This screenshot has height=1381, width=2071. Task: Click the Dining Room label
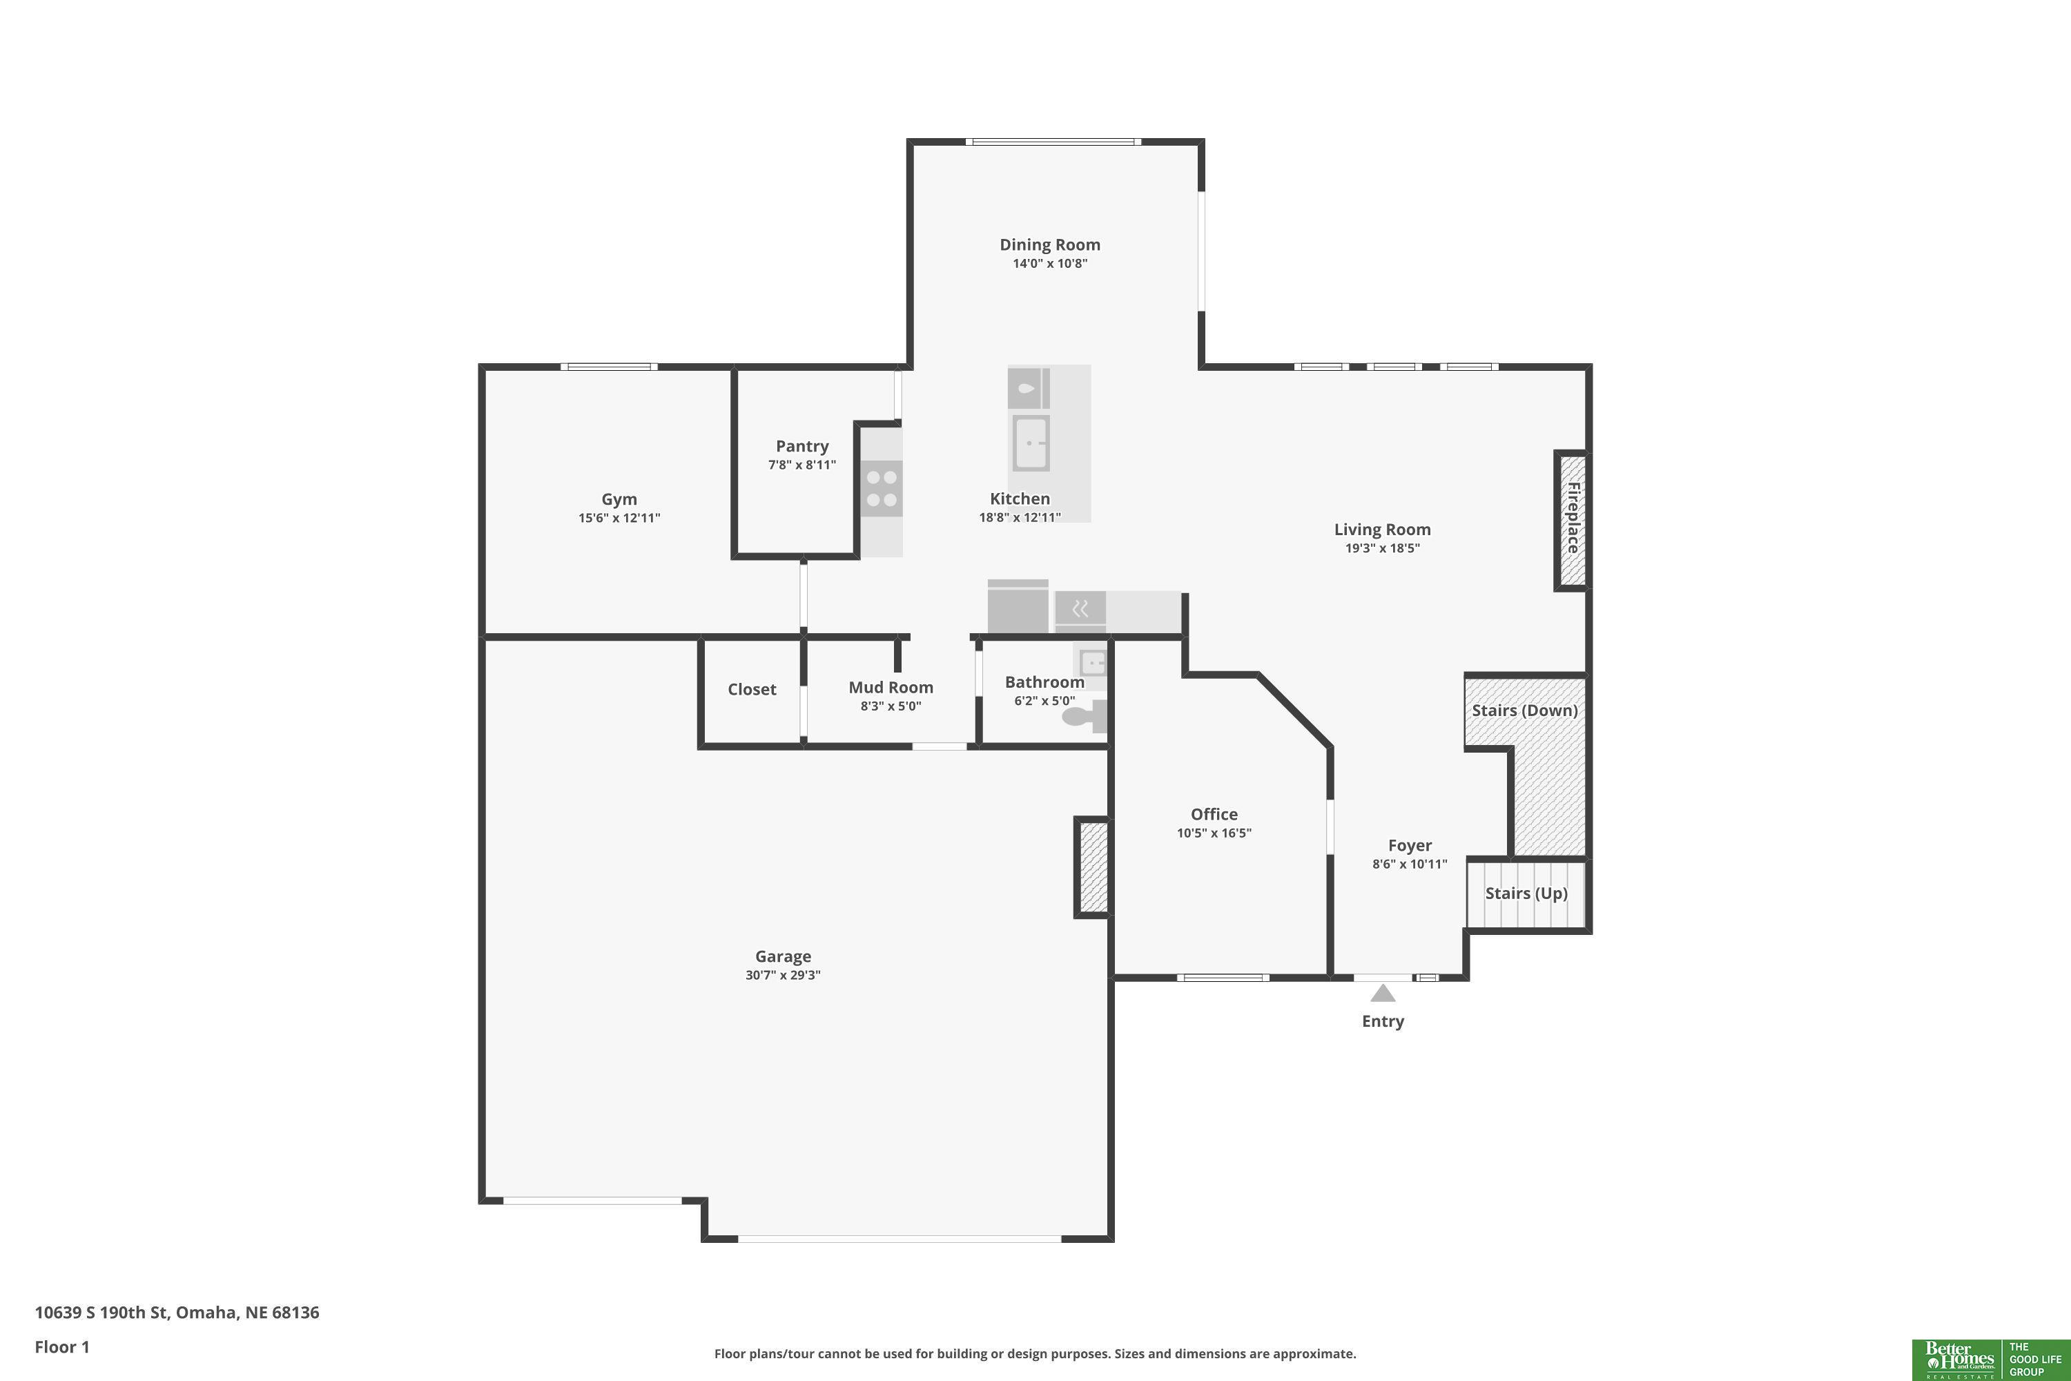click(x=1049, y=245)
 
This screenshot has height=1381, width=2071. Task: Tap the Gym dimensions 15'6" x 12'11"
click(x=619, y=518)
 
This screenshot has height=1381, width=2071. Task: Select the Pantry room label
click(x=802, y=447)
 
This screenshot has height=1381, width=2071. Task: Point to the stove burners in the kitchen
click(x=882, y=489)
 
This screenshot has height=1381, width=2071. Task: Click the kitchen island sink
click(x=1029, y=443)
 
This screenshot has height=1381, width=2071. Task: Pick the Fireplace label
click(x=1573, y=518)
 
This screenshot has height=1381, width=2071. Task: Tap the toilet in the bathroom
click(x=1084, y=716)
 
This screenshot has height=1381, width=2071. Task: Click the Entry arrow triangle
click(x=1383, y=993)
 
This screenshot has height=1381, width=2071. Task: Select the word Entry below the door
click(x=1383, y=1022)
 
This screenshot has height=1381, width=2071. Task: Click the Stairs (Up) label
click(x=1526, y=893)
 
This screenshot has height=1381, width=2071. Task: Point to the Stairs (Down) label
click(x=1525, y=710)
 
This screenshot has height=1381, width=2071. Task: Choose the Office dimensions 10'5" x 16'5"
click(x=1214, y=833)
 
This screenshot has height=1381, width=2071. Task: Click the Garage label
click(x=783, y=956)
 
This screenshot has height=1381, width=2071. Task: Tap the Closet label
click(x=752, y=690)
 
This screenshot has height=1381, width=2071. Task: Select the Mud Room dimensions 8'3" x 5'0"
click(x=891, y=706)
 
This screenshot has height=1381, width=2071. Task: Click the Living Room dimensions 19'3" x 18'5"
click(x=1383, y=548)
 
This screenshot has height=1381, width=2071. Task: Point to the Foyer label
click(x=1410, y=845)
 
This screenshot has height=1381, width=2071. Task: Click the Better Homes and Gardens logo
click(x=1991, y=1360)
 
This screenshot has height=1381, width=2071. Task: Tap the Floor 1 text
click(x=61, y=1346)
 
